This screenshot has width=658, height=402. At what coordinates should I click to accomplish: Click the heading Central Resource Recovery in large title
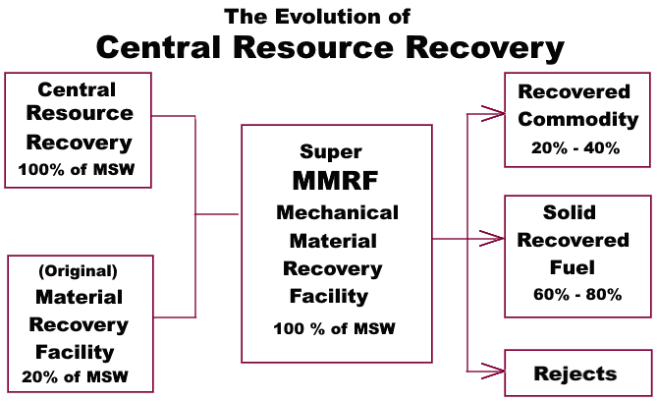(x=330, y=48)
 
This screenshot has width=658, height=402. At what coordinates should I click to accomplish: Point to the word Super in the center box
(x=331, y=152)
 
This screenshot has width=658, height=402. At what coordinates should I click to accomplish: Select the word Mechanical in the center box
(x=337, y=212)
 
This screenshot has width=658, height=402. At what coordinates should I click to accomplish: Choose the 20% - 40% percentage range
(x=576, y=149)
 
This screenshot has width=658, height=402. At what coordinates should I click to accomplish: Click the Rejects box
(x=576, y=373)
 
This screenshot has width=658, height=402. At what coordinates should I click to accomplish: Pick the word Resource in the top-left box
(x=78, y=117)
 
